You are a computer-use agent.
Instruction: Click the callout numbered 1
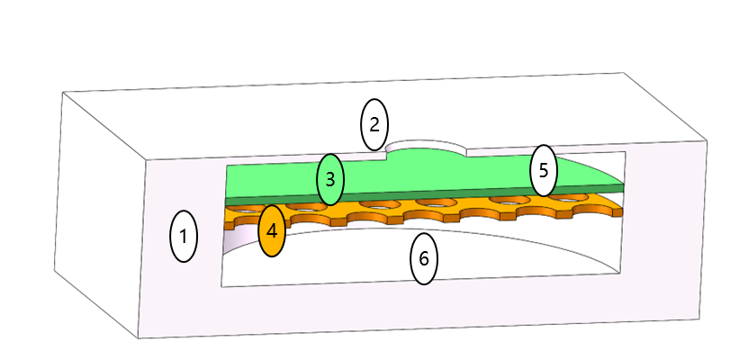(184, 237)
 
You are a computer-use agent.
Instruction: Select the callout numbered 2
(374, 124)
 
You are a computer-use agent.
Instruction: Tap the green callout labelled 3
(330, 179)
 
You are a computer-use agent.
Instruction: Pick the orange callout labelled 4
(272, 230)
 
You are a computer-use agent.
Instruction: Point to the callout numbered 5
(544, 170)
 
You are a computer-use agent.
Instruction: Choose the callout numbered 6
(424, 258)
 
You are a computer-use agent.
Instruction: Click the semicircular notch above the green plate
(426, 146)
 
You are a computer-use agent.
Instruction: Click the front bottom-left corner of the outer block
(139, 338)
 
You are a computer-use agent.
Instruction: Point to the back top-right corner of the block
(623, 73)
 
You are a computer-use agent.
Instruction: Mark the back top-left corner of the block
(63, 93)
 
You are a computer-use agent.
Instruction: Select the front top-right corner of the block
(707, 140)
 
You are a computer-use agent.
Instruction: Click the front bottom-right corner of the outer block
(699, 319)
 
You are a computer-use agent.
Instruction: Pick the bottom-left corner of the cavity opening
(221, 286)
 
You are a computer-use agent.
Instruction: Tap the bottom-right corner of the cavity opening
(620, 274)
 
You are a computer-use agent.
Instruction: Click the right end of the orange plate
(622, 211)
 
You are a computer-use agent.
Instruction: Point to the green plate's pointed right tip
(623, 184)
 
